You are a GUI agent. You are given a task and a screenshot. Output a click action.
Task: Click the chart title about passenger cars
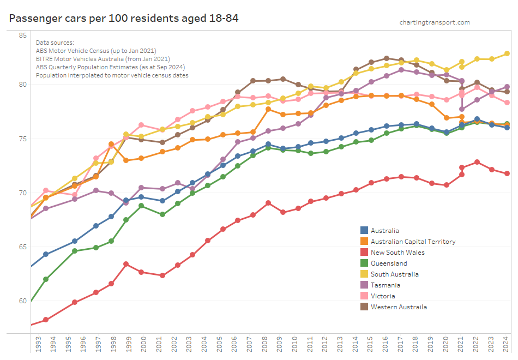124,18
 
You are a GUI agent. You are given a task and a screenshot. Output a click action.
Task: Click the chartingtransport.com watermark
434,22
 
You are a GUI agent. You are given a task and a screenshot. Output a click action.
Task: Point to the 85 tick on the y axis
23,35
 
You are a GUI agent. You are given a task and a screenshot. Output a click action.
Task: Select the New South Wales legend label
397,253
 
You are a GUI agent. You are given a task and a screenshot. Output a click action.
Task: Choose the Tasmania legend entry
386,285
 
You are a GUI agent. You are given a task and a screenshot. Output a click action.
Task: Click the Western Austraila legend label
399,307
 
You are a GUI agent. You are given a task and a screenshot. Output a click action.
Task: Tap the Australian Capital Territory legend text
413,242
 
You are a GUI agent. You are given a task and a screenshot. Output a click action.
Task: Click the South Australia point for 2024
507,53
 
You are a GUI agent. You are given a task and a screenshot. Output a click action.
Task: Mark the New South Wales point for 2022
477,162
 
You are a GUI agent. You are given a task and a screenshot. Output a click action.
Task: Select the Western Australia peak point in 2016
386,58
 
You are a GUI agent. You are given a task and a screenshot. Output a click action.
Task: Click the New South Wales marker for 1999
126,264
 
